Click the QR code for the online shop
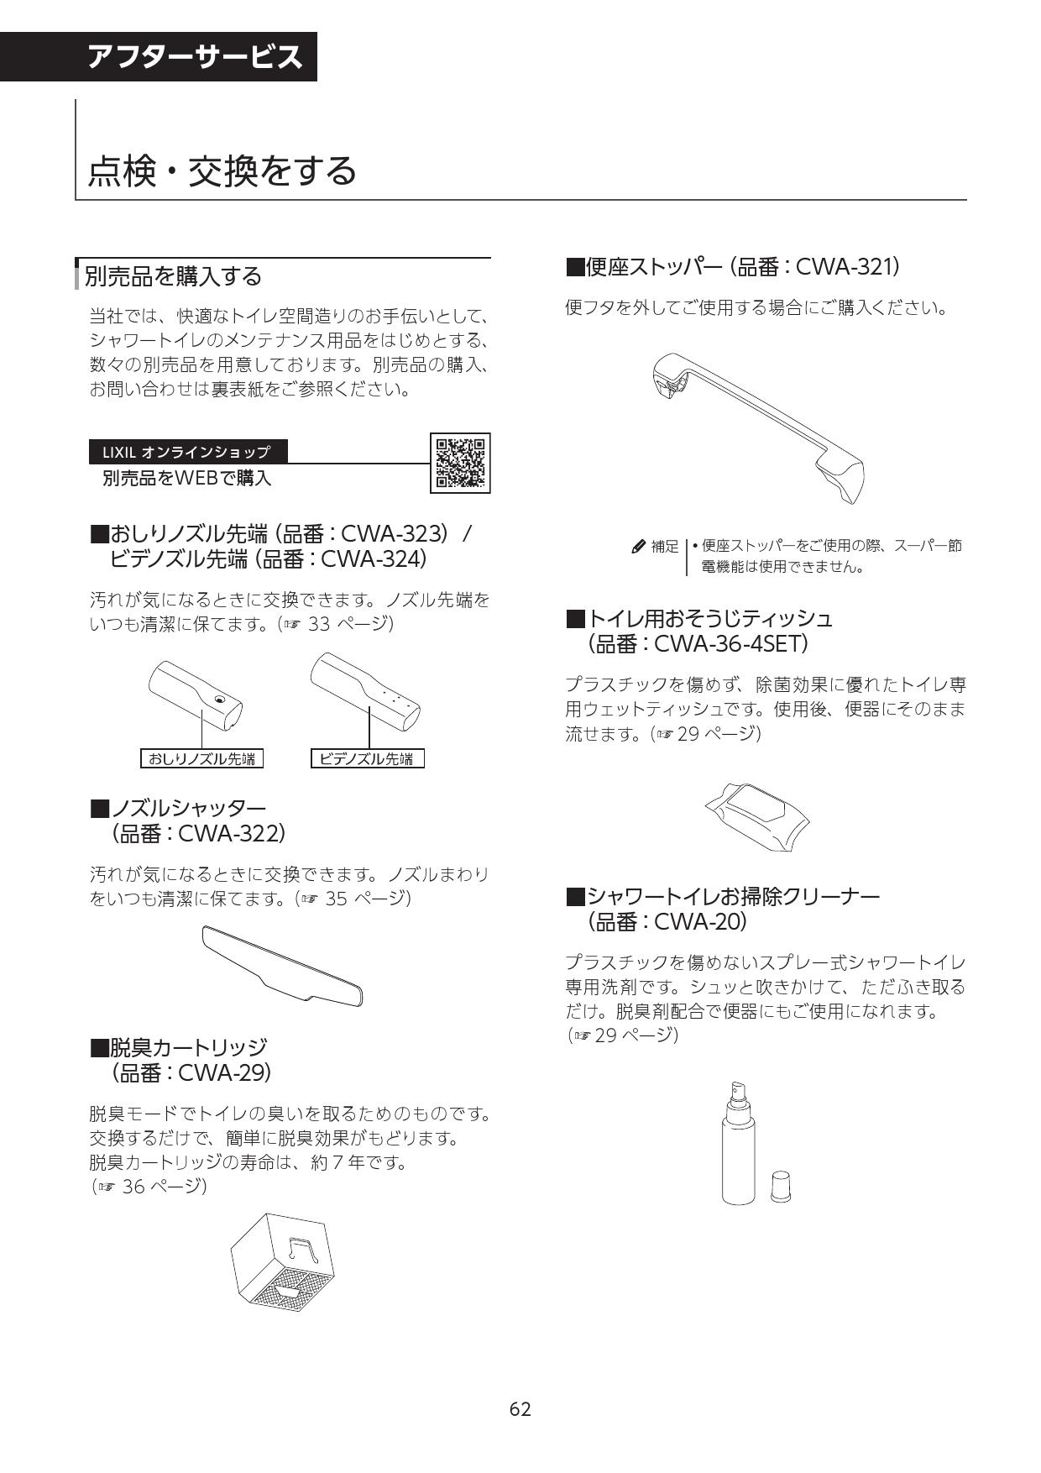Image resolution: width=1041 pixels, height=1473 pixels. point(460,463)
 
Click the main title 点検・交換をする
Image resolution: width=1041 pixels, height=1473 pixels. point(223,170)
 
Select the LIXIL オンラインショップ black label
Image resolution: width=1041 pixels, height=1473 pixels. point(187,452)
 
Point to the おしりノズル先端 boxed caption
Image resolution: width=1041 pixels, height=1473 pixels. point(201,759)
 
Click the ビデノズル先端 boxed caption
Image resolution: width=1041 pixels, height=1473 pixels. point(367,759)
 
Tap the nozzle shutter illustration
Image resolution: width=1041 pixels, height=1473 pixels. point(283,964)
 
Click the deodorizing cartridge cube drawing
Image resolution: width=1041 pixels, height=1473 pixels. point(283,1265)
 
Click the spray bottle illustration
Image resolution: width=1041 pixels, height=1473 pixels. point(738,1144)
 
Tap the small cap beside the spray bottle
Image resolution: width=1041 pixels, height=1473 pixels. point(781,1186)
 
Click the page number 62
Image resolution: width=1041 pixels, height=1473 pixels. point(520,1409)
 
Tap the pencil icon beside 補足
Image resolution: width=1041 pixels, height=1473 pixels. point(639,547)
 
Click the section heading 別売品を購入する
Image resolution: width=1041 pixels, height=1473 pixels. point(174,276)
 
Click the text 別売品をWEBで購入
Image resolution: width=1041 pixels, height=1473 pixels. point(186,479)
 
